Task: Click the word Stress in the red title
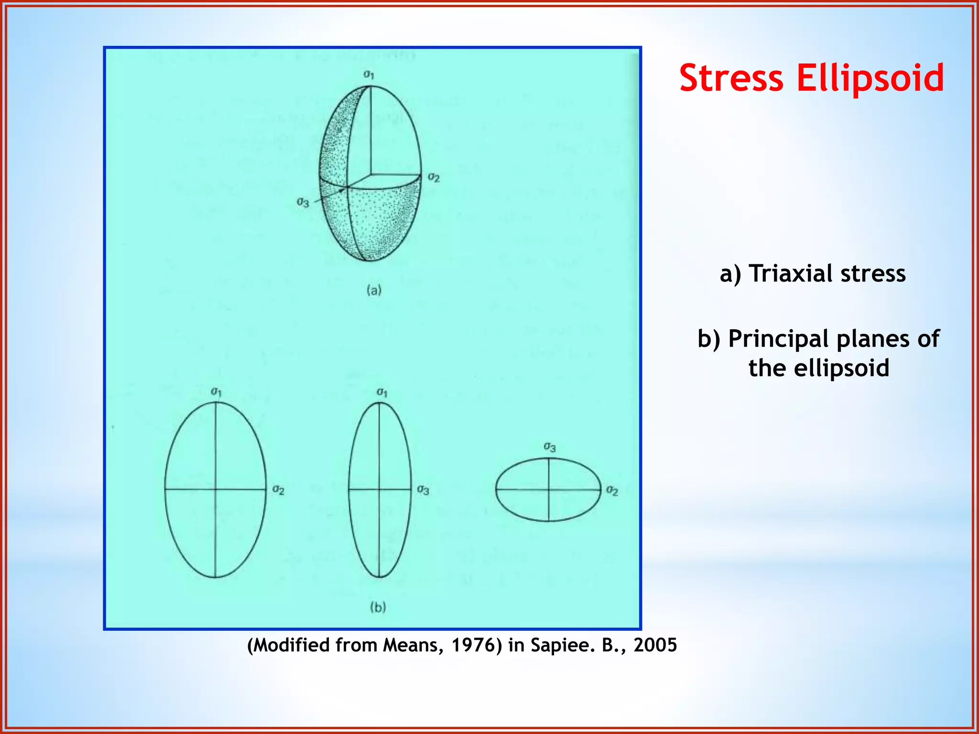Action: coord(731,79)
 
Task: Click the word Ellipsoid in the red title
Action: coord(870,79)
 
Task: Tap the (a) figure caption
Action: coord(374,290)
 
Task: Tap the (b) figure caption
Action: coord(378,607)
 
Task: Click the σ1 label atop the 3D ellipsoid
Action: coord(369,75)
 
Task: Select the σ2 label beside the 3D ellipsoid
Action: coord(434,177)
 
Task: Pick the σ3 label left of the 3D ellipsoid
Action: coord(303,202)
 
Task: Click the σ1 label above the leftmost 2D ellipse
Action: coord(216,392)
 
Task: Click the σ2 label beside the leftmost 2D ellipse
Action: coord(278,490)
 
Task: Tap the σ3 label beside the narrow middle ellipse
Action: coord(423,490)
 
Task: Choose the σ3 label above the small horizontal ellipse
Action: coord(549,447)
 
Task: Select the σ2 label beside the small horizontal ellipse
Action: coord(612,490)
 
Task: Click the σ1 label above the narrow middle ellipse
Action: coord(381,392)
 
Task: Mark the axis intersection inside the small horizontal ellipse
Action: coord(549,489)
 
